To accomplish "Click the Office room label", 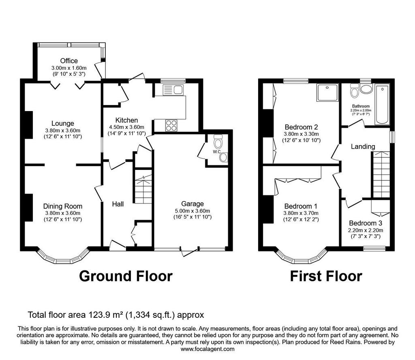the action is pos(69,61).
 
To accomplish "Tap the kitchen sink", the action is pos(173,90).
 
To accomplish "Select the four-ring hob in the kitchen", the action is pos(171,125).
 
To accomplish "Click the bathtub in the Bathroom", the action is pos(382,104).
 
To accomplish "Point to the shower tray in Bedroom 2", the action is pos(327,92).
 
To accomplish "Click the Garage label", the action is pos(193,204).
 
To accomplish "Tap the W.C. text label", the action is pos(217,152).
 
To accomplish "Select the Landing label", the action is pos(363,147).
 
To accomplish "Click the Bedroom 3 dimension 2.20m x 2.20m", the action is pos(366,230).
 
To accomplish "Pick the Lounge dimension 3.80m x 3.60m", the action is pos(63,131).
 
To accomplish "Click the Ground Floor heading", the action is pos(126,276).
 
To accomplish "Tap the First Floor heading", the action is pos(326,276).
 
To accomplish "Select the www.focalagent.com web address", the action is pos(207,349).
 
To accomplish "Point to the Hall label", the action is pos(118,204).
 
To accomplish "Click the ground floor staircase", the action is pos(143,186).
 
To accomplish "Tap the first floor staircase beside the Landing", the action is pos(381,175).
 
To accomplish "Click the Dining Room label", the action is pos(63,206).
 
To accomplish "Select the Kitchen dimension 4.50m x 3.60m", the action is pos(126,127).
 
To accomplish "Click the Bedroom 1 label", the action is pos(301,206).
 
